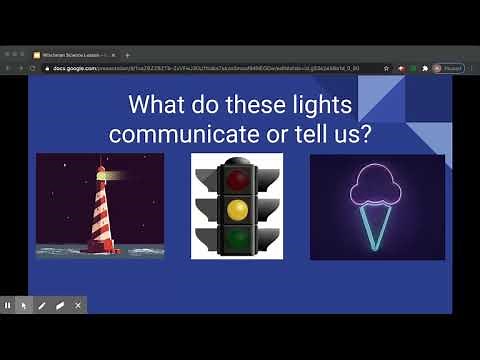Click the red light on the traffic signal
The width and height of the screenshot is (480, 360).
[x=236, y=180]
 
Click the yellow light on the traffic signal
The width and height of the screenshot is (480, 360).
[x=236, y=209]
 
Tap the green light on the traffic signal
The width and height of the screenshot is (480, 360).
[x=236, y=238]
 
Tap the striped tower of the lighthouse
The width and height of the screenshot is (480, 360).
[x=101, y=215]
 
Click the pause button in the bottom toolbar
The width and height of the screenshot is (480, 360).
[x=8, y=305]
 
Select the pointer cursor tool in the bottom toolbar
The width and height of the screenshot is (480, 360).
[x=24, y=305]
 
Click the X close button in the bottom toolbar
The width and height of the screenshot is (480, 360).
[x=79, y=305]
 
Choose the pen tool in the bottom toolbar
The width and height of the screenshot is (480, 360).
[x=42, y=305]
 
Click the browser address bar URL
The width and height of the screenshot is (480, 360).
[x=200, y=68]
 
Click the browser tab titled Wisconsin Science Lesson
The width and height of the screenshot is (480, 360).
[x=75, y=54]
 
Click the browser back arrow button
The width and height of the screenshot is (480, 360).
[x=8, y=68]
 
